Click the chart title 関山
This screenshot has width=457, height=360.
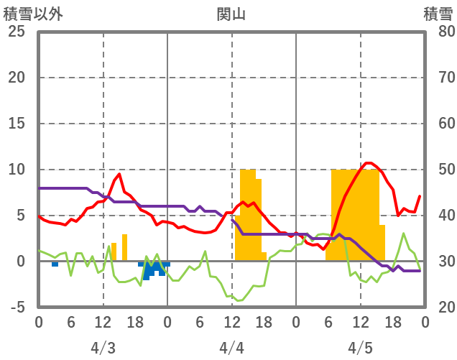231,14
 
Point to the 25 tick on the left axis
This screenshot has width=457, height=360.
16,32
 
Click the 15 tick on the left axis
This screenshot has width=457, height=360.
16,124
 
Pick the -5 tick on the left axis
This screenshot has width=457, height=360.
16,308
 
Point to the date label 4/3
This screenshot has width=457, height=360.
103,348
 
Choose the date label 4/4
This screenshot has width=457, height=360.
231,348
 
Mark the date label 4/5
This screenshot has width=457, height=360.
360,348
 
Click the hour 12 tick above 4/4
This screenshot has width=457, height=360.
231,322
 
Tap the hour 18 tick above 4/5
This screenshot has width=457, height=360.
392,322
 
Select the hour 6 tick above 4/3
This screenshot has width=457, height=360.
71,322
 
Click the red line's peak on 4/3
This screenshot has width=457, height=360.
119,174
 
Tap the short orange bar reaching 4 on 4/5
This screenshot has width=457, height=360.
382,243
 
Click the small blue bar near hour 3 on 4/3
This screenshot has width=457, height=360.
55,264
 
